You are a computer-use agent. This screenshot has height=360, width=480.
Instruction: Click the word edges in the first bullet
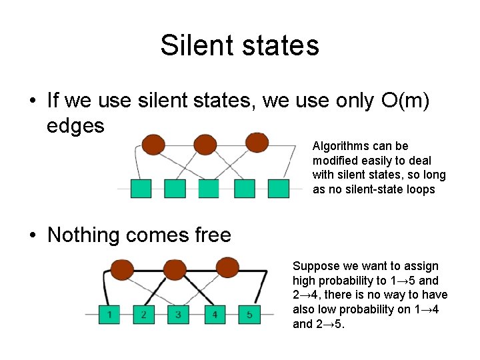click(75, 125)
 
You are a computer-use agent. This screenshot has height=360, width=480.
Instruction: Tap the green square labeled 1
click(109, 314)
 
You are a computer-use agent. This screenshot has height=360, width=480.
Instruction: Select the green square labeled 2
click(144, 314)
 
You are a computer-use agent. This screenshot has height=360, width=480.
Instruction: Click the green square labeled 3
click(179, 314)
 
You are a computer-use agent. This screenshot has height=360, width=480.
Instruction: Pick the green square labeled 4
click(214, 314)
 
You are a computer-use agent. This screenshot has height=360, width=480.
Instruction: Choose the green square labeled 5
click(249, 314)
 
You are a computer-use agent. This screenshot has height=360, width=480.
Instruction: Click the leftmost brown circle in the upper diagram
click(153, 144)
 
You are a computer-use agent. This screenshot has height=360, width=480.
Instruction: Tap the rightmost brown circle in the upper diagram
click(256, 143)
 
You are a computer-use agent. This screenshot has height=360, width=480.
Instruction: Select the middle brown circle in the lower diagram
click(175, 269)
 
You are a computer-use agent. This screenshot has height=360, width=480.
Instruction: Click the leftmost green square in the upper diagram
click(141, 189)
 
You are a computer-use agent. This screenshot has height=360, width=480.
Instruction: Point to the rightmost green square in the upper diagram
click(279, 189)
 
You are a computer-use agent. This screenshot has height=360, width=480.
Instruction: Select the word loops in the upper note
click(421, 189)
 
